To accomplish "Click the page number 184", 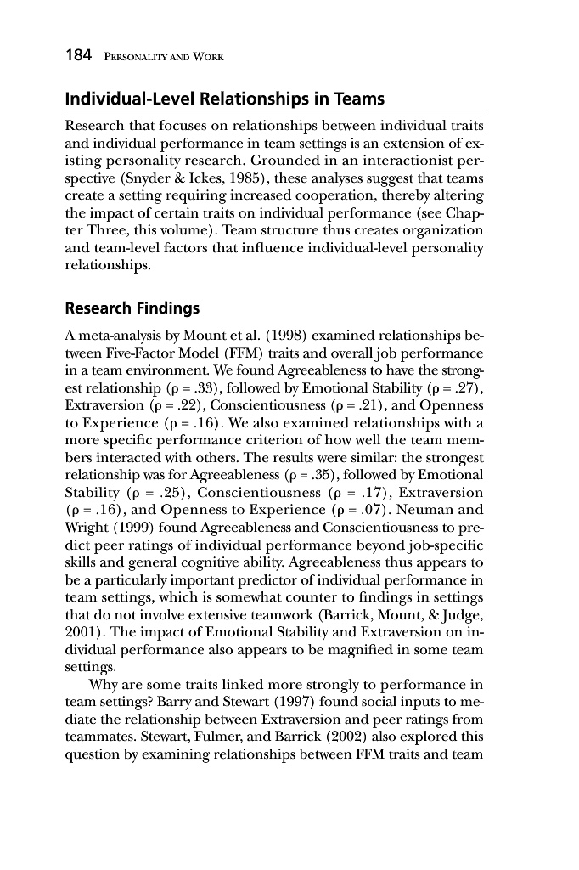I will pyautogui.click(x=81, y=57).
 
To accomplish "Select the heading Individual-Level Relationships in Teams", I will pyautogui.click(x=225, y=99).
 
